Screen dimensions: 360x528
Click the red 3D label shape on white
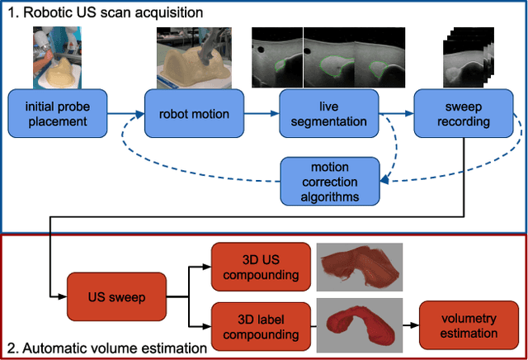click(360, 323)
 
